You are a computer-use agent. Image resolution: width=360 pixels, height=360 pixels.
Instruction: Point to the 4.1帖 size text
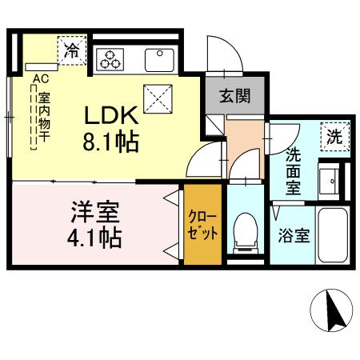click(x=94, y=238)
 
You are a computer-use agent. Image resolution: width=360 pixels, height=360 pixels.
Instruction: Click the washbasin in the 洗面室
click(x=330, y=180)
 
